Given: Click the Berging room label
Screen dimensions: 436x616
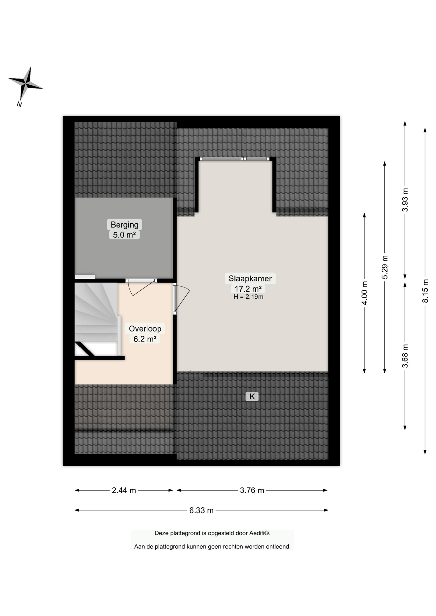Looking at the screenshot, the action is [x=125, y=225].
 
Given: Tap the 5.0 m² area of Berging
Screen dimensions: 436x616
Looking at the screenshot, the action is [x=124, y=235].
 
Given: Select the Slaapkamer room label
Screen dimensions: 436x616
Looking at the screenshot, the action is [x=250, y=278].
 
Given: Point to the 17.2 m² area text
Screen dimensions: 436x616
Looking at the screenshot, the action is [x=248, y=289].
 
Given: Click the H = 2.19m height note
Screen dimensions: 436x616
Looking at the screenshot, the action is [x=249, y=297].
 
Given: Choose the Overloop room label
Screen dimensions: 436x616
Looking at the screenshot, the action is [x=145, y=329].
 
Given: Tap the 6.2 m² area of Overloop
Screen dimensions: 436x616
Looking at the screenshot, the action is [x=145, y=339].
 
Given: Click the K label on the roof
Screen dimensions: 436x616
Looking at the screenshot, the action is [x=252, y=397].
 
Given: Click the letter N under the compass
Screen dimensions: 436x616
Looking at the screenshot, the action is [x=19, y=104].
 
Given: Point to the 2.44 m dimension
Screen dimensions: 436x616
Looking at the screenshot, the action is [x=124, y=490].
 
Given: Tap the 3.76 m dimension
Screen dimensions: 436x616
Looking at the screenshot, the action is [x=252, y=490].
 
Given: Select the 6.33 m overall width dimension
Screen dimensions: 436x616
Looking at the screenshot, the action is [x=201, y=510].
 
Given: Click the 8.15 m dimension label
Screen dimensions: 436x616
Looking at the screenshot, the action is [x=425, y=291].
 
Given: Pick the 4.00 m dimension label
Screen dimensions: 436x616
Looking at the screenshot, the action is [x=365, y=293].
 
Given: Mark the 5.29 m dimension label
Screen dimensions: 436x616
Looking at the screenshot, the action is [x=385, y=267].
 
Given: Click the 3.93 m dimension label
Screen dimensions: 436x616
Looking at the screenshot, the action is [x=405, y=200].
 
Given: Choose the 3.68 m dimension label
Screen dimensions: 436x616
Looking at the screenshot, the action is [x=405, y=356].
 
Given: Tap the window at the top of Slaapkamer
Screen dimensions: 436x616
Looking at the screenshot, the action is [x=235, y=159].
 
